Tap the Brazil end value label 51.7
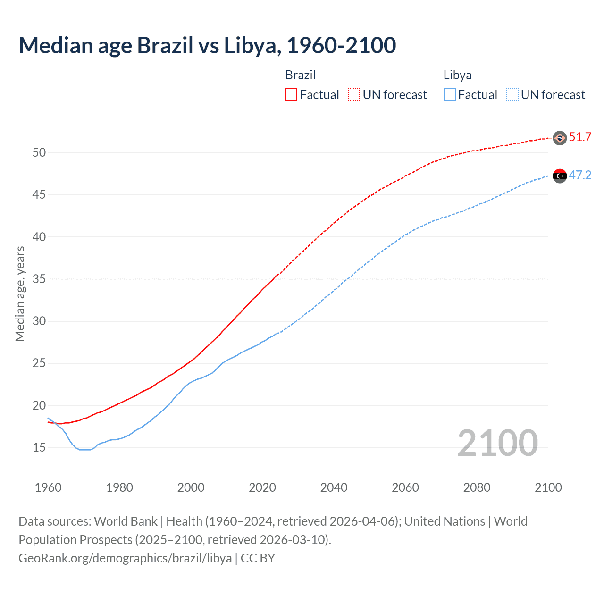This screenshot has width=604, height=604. [x=580, y=137]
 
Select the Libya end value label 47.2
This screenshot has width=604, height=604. [x=580, y=176]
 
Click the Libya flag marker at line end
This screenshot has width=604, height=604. [x=560, y=176]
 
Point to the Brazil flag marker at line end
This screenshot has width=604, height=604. [x=560, y=138]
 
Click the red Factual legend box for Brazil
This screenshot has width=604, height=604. [x=291, y=95]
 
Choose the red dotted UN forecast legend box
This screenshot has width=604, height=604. [x=354, y=95]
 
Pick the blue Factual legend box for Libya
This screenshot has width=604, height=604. [x=450, y=95]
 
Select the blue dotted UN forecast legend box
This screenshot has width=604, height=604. [x=512, y=95]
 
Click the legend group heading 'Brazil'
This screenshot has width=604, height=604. [x=301, y=75]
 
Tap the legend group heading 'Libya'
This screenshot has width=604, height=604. [x=457, y=75]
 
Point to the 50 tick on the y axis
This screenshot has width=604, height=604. [x=39, y=153]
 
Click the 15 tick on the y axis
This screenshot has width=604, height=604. [x=39, y=447]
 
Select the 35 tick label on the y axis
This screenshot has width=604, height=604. [x=39, y=279]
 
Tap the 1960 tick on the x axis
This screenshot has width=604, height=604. [x=48, y=487]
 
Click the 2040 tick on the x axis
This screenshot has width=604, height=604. [x=334, y=487]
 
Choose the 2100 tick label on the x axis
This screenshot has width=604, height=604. [x=548, y=487]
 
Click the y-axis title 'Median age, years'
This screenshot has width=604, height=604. [x=20, y=294]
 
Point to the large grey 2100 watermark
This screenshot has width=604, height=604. [x=497, y=443]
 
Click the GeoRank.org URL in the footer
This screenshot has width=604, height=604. [x=125, y=558]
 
